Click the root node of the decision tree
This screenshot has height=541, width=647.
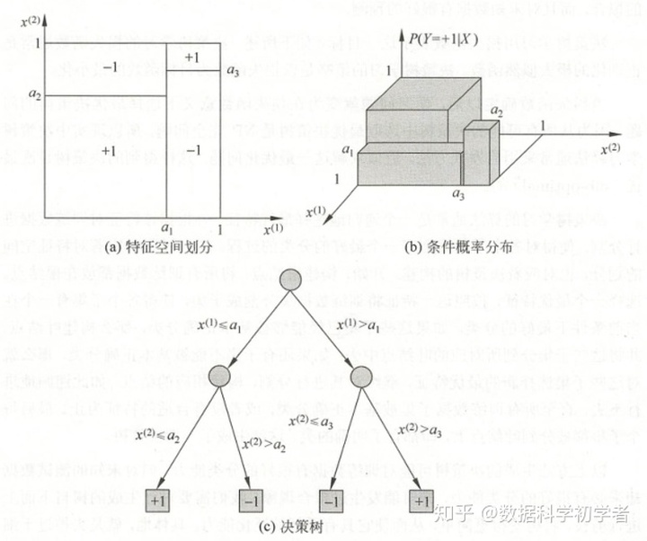coord(289,279)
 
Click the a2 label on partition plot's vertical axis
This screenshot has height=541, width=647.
coord(34,94)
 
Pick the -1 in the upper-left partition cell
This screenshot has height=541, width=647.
coord(110,67)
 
